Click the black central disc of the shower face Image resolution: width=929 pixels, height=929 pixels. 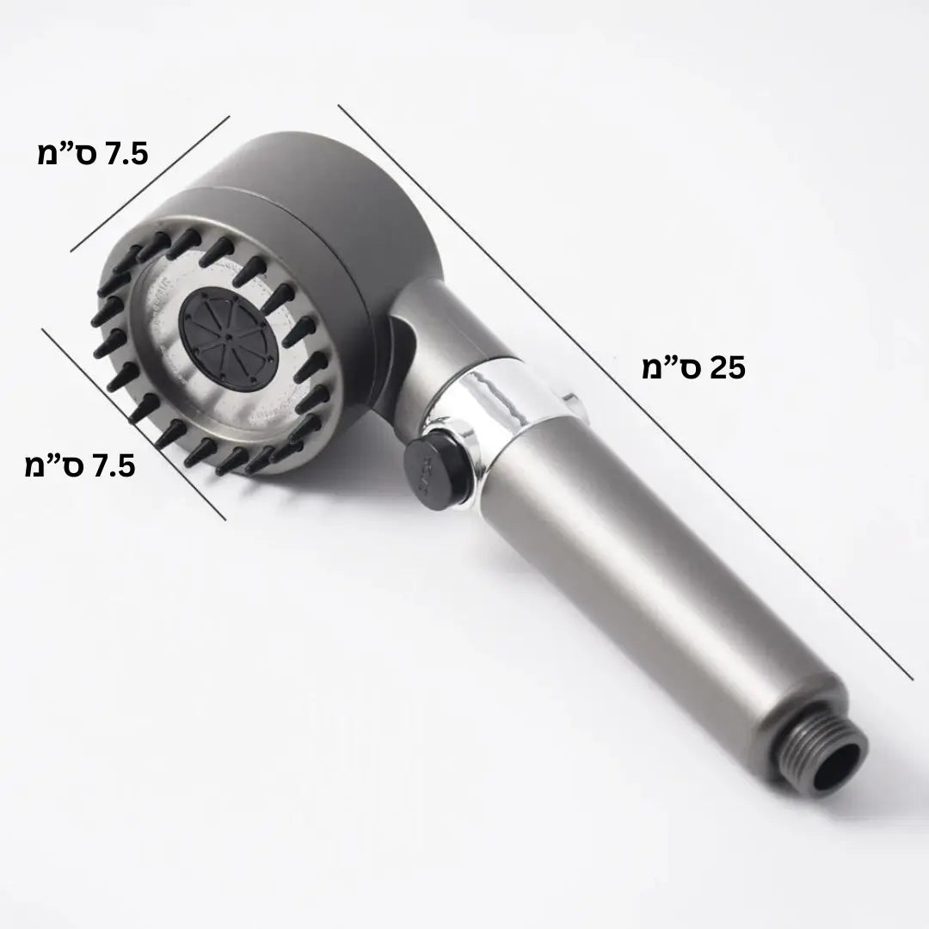(x=228, y=340)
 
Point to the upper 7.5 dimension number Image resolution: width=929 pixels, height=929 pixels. (x=126, y=154)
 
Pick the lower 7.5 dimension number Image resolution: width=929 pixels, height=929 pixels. (x=114, y=466)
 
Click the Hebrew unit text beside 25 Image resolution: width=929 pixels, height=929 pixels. (x=672, y=368)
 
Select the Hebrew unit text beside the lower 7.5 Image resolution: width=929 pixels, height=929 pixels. (x=55, y=466)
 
